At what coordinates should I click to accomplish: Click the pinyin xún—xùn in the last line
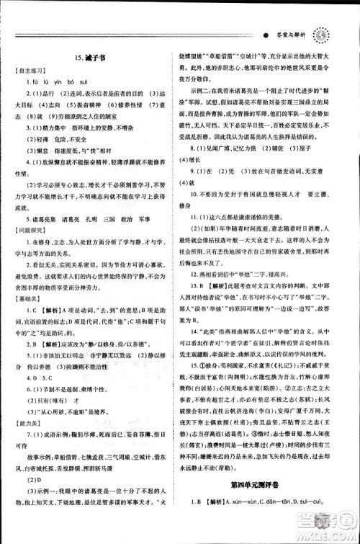click(x=255, y=521)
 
